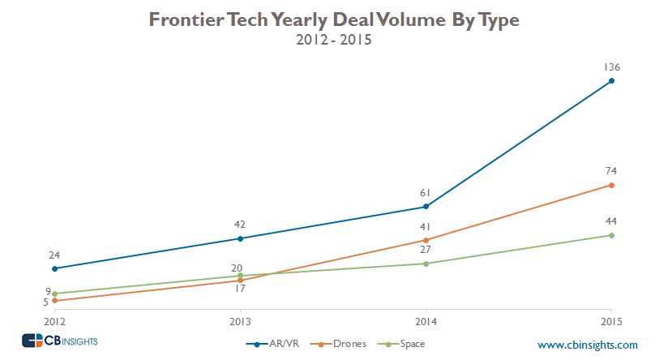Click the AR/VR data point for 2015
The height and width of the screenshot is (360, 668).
611,80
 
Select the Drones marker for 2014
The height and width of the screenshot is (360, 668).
426,240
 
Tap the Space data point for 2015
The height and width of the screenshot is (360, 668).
611,235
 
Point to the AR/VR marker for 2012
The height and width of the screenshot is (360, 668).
54,268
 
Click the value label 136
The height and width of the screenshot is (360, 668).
610,66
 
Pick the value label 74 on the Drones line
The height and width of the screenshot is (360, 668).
611,171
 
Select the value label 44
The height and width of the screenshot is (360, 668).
611,221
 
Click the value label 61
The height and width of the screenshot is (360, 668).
426,193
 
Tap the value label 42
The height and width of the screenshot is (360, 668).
240,225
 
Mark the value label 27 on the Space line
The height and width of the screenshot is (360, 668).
426,250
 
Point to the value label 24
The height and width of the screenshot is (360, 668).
54,255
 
